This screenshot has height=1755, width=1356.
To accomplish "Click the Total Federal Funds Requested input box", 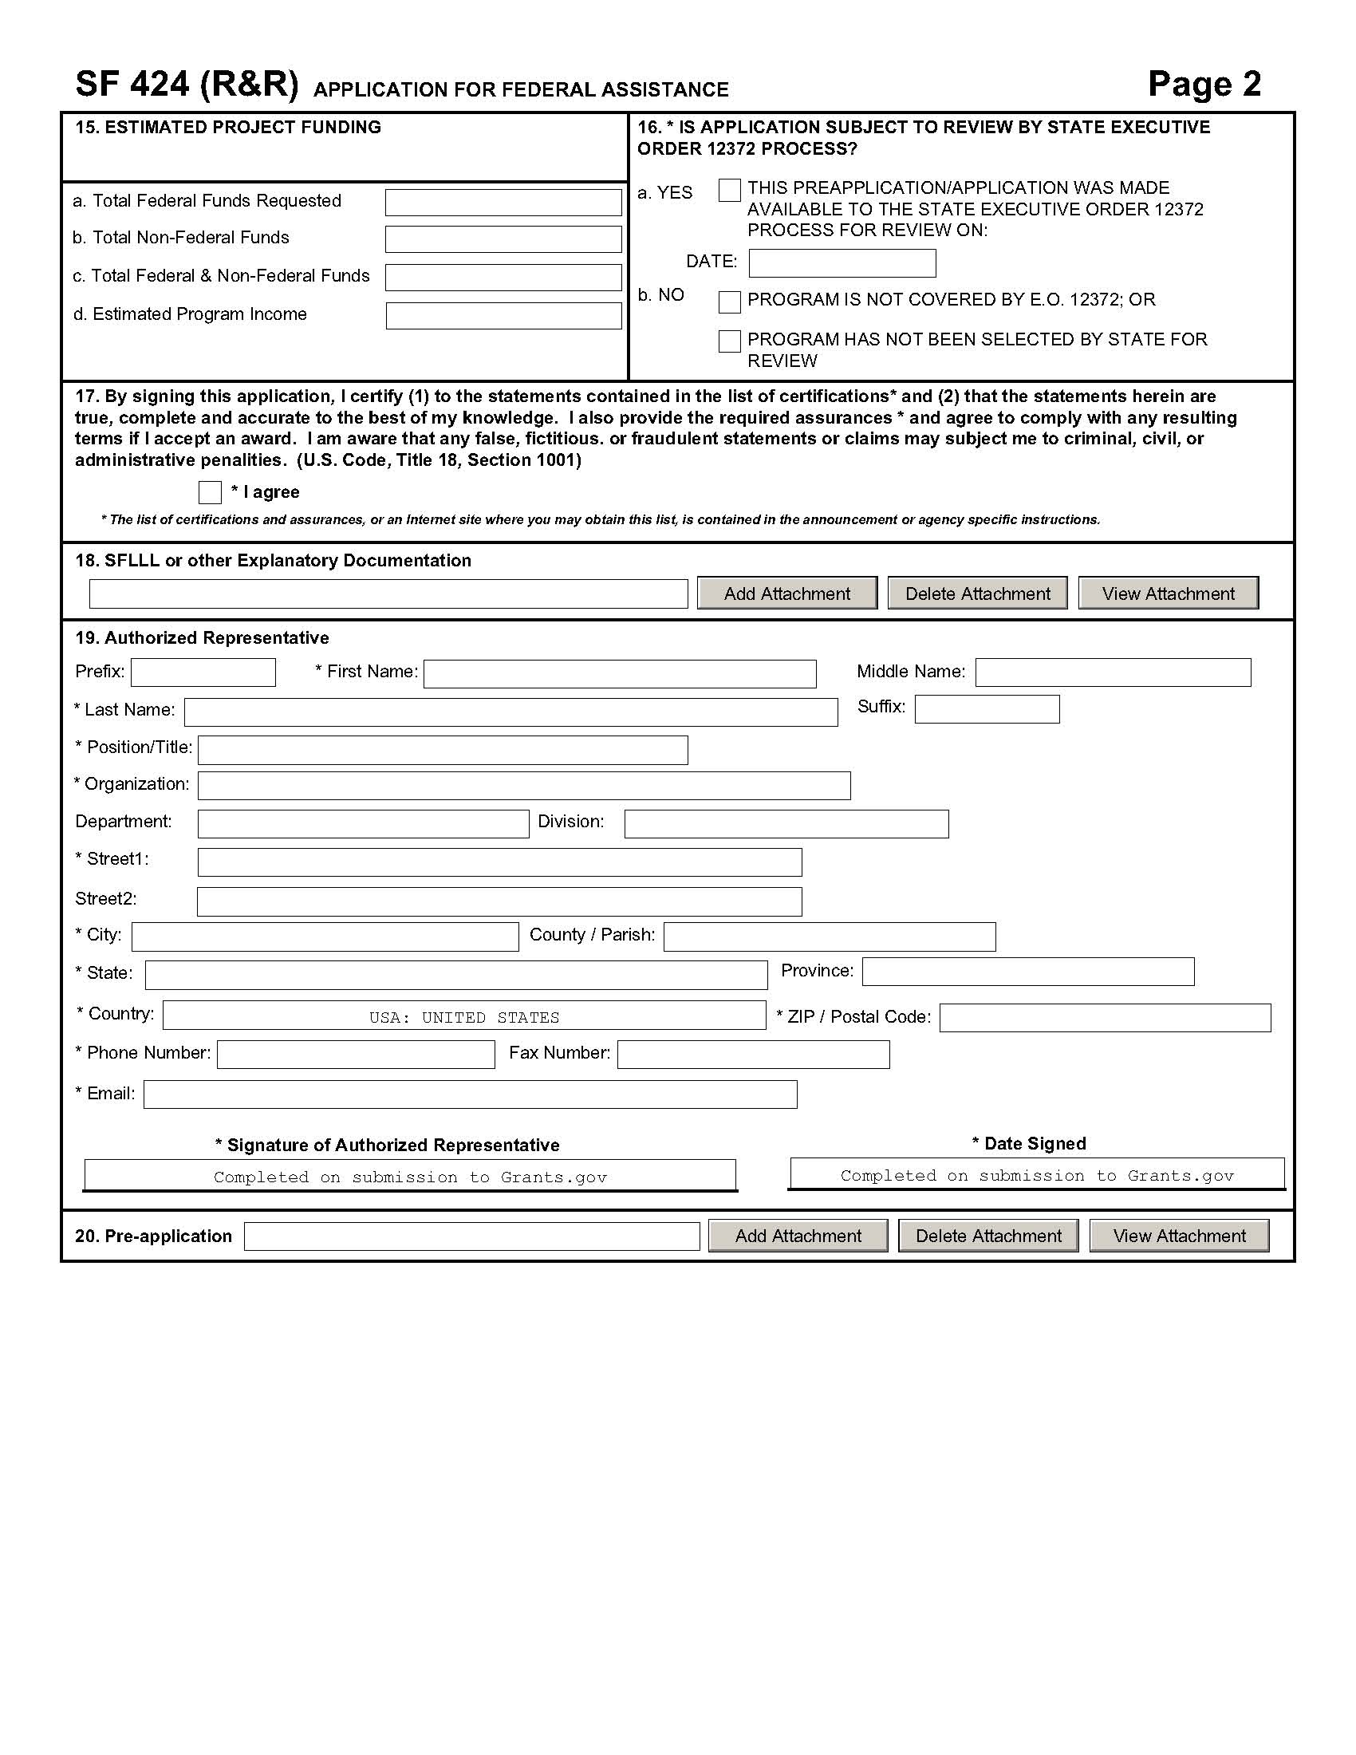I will pyautogui.click(x=503, y=203).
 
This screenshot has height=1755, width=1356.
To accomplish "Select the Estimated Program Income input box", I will pyautogui.click(x=503, y=316).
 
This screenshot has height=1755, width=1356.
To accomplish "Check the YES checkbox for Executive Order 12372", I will pyautogui.click(x=728, y=191).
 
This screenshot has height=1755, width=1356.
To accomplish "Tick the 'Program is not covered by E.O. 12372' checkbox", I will pyautogui.click(x=728, y=302).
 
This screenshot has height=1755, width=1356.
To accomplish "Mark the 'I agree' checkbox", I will pyautogui.click(x=210, y=491).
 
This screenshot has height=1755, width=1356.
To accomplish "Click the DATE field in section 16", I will pyautogui.click(x=841, y=262).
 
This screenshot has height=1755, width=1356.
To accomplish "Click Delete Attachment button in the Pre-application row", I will pyautogui.click(x=987, y=1236).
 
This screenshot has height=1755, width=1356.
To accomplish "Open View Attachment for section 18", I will pyautogui.click(x=1167, y=593).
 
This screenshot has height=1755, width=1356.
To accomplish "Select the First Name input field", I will pyautogui.click(x=619, y=673).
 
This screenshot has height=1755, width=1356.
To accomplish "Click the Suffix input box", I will pyautogui.click(x=987, y=708).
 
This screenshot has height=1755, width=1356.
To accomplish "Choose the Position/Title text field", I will pyautogui.click(x=443, y=750).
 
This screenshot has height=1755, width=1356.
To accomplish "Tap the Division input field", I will pyautogui.click(x=786, y=824).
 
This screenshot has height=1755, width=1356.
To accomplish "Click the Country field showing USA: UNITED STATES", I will pyautogui.click(x=463, y=1016).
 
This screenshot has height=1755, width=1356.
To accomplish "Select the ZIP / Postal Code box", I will pyautogui.click(x=1105, y=1017).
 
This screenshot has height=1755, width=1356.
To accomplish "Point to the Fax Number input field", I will pyautogui.click(x=753, y=1055).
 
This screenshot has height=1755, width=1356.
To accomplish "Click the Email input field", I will pyautogui.click(x=470, y=1094).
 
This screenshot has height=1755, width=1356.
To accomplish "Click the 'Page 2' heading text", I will pyautogui.click(x=1204, y=85).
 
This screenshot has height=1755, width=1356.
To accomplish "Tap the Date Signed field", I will pyautogui.click(x=1036, y=1174).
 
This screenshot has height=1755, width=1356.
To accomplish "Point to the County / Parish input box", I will pyautogui.click(x=829, y=937).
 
